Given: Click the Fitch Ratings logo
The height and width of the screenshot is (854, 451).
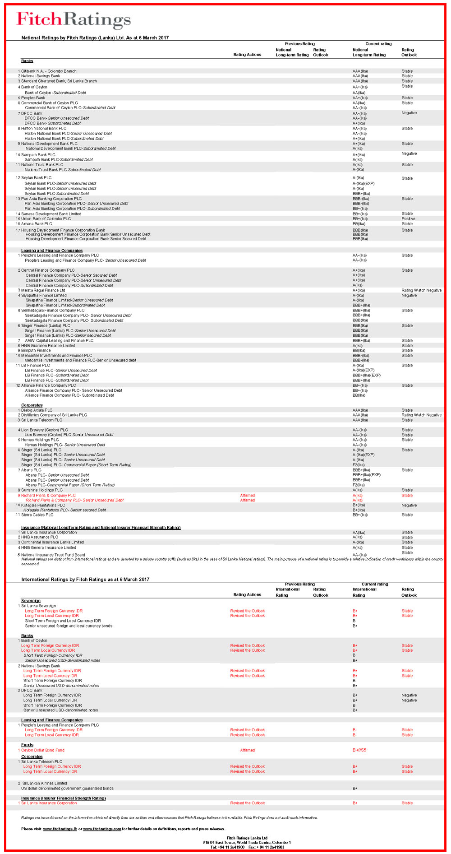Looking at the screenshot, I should click(x=74, y=19).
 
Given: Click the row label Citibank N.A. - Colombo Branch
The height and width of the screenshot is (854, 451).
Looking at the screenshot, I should click(x=49, y=71).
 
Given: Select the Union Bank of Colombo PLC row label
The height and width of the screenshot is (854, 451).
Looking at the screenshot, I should click(x=46, y=219).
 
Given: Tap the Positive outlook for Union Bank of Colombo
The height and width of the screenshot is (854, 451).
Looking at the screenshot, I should click(x=408, y=219).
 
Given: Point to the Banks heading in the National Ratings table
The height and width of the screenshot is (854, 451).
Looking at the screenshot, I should click(x=27, y=61).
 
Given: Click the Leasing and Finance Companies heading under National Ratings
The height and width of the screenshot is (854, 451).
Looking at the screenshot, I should click(x=52, y=251).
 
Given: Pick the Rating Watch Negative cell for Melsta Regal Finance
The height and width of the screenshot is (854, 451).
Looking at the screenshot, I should click(x=421, y=290).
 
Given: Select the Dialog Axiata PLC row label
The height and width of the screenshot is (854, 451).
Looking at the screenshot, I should click(x=37, y=410).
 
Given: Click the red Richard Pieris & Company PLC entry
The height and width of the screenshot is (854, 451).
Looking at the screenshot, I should click(x=48, y=495).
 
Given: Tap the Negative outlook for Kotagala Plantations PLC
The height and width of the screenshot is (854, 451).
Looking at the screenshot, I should click(x=409, y=505).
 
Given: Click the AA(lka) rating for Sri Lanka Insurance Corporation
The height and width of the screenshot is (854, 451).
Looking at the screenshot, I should click(x=360, y=533).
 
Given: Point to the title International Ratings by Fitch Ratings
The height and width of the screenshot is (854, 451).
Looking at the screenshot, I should click(x=85, y=579).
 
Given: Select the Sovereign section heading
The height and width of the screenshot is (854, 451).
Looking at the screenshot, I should click(x=31, y=601).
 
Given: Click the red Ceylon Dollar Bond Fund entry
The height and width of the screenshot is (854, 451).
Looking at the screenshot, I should click(x=43, y=750).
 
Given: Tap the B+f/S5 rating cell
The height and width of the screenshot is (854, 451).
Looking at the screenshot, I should click(x=359, y=750).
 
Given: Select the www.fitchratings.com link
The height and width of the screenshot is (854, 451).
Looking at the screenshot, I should click(x=102, y=829).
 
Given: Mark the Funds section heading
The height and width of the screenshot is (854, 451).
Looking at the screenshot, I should click(x=27, y=745).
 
